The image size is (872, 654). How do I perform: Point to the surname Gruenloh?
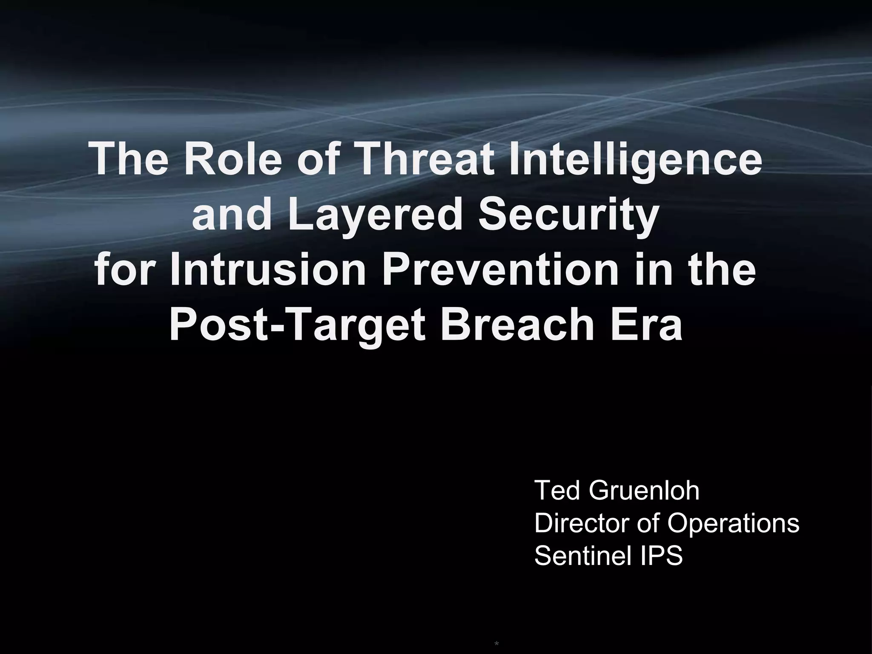(x=644, y=490)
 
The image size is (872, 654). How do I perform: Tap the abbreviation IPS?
(x=660, y=556)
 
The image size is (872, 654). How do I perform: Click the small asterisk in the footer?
(x=496, y=644)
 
